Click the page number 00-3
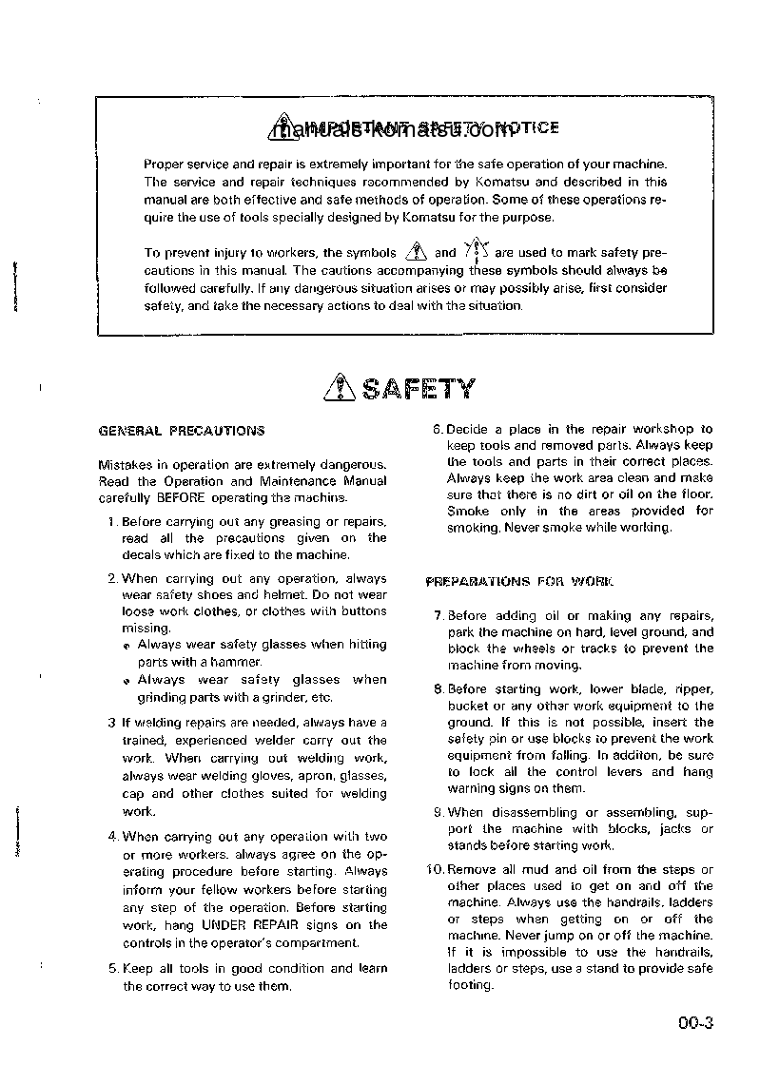click(x=696, y=1024)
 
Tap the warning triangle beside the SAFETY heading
click(x=339, y=389)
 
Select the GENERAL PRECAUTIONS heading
click(x=182, y=431)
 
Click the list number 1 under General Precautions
click(x=111, y=521)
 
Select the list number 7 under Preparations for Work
click(x=438, y=615)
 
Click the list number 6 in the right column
click(x=438, y=429)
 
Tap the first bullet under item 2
click(x=127, y=646)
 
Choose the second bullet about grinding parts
click(x=127, y=681)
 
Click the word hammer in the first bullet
click(x=235, y=662)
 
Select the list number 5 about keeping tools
click(x=112, y=969)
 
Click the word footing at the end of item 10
click(x=470, y=984)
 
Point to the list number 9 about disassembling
click(x=438, y=812)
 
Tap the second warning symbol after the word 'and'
click(x=475, y=252)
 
